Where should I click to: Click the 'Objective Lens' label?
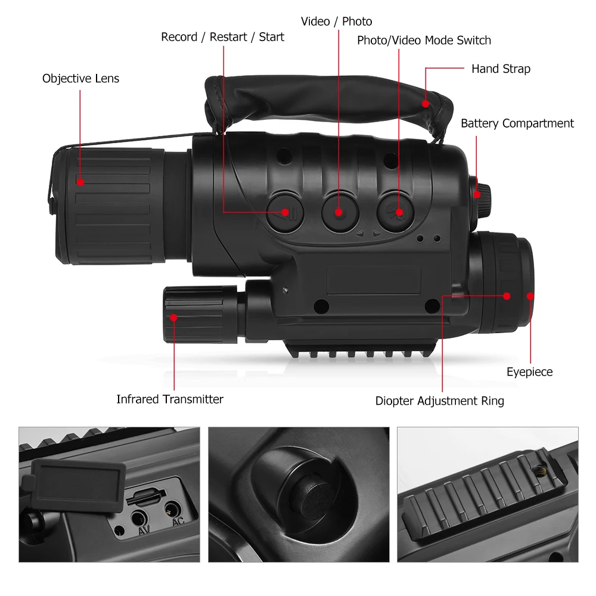tap(80, 79)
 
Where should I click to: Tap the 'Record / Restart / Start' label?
tap(222, 37)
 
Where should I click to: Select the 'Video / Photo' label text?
tap(336, 21)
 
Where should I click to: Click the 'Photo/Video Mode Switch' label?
tap(424, 41)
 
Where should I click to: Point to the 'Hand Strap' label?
tap(501, 69)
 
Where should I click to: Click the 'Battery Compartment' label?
tap(517, 123)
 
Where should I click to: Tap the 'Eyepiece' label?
tap(529, 372)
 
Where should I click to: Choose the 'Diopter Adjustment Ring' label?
tap(439, 401)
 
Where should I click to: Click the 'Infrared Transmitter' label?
tap(170, 399)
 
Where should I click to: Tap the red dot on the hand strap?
tap(426, 104)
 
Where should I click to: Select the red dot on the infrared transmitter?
tap(174, 318)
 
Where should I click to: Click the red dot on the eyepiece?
tap(530, 296)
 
